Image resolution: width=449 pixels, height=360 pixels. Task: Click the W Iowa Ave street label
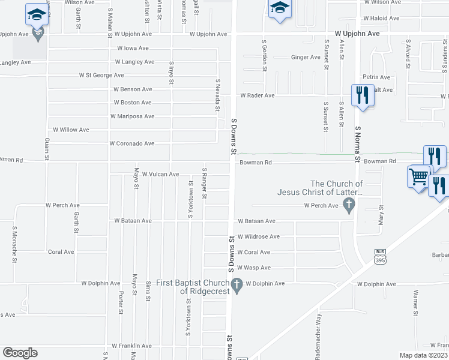click(x=133, y=48)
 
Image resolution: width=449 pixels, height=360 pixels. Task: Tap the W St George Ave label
click(x=101, y=76)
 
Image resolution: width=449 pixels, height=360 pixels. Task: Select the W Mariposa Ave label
click(x=132, y=116)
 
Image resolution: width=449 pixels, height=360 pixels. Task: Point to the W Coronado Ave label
click(x=131, y=144)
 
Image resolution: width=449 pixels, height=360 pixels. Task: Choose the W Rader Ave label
click(x=257, y=95)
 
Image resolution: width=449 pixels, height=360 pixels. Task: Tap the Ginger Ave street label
click(x=306, y=58)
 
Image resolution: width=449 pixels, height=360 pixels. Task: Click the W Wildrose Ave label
click(x=258, y=237)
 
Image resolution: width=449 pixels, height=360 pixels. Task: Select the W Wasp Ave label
click(x=254, y=268)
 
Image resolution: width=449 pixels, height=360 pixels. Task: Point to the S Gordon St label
click(x=264, y=55)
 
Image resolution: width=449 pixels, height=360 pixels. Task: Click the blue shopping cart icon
click(x=418, y=177)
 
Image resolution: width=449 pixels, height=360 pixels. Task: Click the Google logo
click(x=20, y=353)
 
